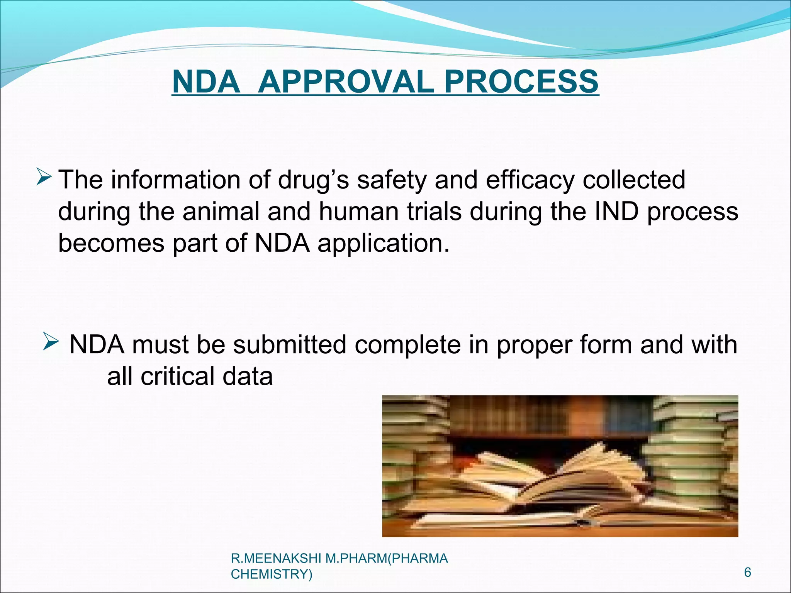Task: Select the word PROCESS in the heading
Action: [521, 82]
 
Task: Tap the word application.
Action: [384, 244]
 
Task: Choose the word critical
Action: [177, 376]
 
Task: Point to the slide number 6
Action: [748, 572]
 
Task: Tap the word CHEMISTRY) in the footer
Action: [272, 574]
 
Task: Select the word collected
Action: [633, 180]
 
